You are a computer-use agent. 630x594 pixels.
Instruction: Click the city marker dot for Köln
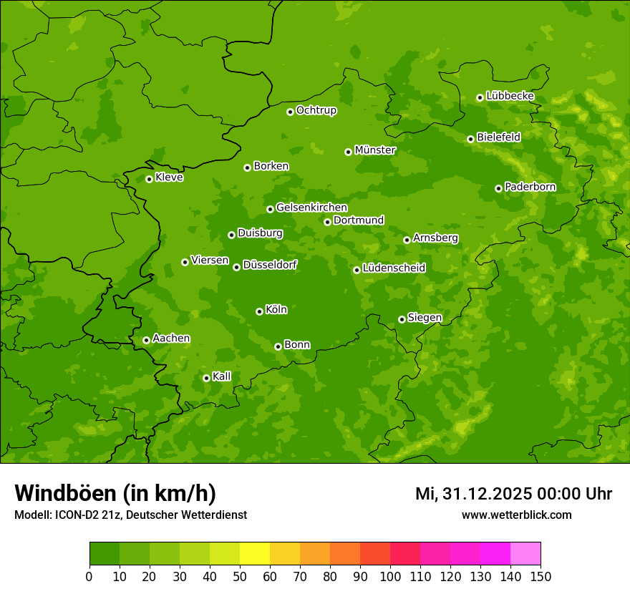(259, 311)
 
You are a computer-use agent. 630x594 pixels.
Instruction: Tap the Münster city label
(375, 150)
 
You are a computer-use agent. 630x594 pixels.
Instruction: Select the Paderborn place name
(530, 187)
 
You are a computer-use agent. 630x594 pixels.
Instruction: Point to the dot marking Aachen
(146, 340)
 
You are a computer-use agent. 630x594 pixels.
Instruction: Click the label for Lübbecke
(510, 96)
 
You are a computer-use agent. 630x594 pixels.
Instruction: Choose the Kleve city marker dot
(149, 179)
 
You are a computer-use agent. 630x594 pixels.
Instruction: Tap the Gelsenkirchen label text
(311, 208)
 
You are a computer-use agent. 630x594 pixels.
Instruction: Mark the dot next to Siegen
(402, 319)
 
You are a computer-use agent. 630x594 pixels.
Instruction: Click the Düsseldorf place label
(270, 265)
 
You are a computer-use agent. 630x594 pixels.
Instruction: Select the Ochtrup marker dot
(290, 112)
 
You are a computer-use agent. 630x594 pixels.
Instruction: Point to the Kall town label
(222, 376)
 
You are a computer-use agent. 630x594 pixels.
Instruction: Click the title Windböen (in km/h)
(115, 493)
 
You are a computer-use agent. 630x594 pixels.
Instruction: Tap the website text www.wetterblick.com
(516, 515)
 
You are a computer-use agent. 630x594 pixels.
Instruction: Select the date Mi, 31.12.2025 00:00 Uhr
(513, 494)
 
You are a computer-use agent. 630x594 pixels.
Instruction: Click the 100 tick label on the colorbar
(390, 576)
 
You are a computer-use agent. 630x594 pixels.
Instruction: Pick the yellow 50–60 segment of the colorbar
(255, 554)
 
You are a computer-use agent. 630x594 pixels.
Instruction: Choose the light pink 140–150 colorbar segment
(525, 554)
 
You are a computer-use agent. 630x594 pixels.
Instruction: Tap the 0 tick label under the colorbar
(89, 576)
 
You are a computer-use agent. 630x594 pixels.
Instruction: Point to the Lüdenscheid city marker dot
(357, 270)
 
